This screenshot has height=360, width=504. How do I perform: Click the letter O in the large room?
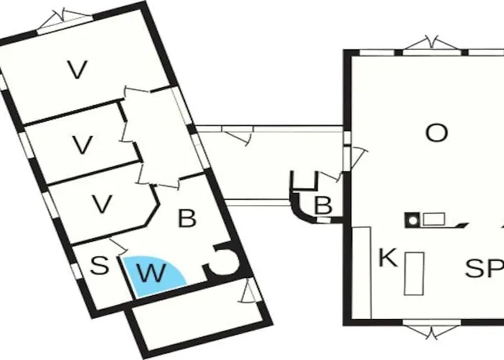[436, 133]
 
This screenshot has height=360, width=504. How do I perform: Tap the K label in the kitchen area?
[388, 257]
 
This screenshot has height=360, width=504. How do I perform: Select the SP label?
[485, 268]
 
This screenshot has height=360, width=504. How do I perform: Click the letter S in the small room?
[99, 266]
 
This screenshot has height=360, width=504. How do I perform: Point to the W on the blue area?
[152, 273]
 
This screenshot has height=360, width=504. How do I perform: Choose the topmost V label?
[77, 69]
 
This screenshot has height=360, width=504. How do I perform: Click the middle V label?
[82, 145]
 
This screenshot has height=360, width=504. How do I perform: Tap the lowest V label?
[102, 204]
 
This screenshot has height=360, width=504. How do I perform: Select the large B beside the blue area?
[186, 218]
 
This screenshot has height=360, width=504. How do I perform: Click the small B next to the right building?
[323, 205]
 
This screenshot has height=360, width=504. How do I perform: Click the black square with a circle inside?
[413, 220]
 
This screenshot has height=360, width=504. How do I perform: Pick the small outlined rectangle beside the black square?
[433, 219]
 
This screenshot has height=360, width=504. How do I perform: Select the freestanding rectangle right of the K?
[414, 274]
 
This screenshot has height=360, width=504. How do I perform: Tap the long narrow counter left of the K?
[361, 273]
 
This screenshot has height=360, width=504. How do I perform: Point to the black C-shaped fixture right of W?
[225, 261]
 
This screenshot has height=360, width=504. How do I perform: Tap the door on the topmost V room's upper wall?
[64, 21]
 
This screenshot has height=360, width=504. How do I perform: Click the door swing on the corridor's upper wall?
[237, 135]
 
